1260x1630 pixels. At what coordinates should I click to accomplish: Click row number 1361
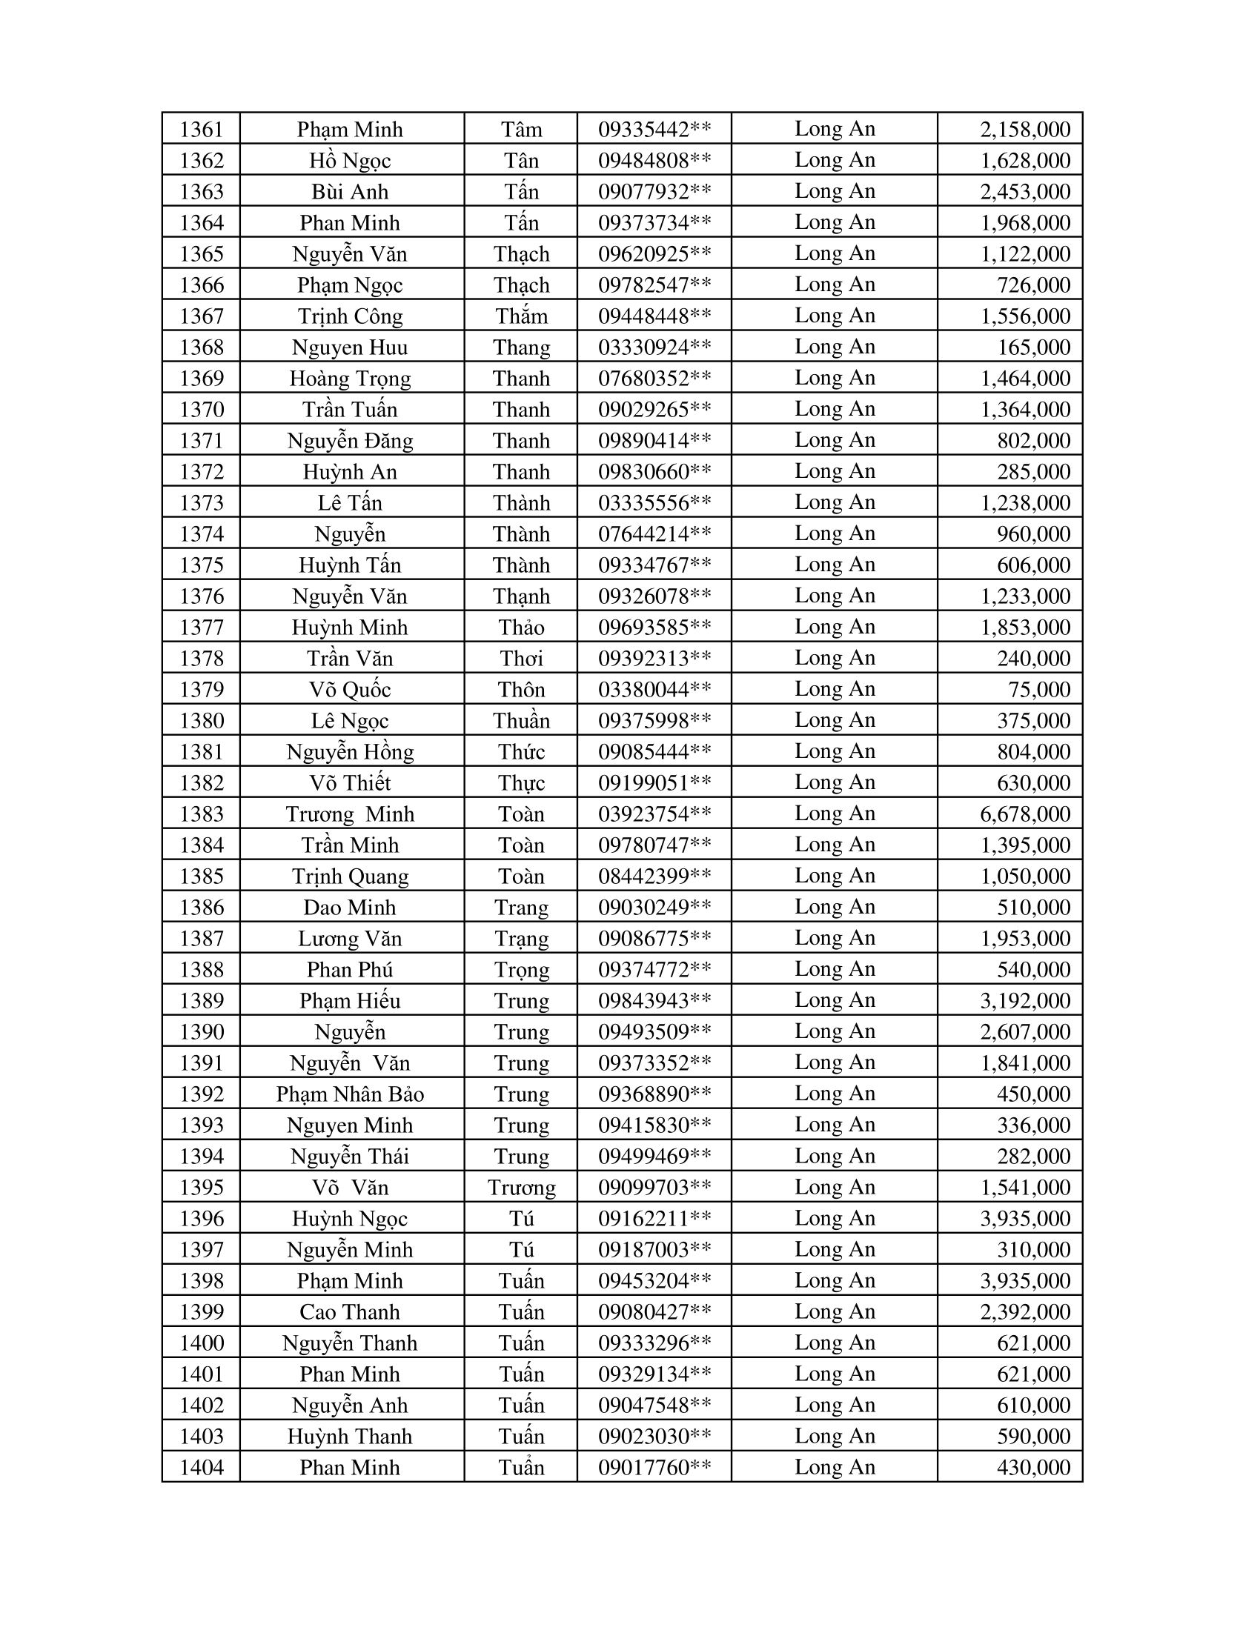[202, 130]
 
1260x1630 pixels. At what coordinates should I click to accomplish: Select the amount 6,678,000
[1025, 814]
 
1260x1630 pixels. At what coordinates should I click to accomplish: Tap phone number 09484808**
[654, 161]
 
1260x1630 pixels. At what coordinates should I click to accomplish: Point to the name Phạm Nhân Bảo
[350, 1094]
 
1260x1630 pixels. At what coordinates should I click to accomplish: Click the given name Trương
[521, 1188]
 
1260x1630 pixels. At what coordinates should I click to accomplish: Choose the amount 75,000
[1039, 690]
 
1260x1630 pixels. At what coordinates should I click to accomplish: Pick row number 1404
[202, 1468]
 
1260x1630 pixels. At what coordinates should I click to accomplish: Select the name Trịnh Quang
[350, 876]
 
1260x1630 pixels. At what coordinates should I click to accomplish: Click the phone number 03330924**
[654, 347]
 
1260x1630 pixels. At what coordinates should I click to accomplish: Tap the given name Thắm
[521, 316]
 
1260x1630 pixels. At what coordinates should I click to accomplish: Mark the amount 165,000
[1034, 347]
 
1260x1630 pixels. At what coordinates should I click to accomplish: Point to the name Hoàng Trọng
[350, 379]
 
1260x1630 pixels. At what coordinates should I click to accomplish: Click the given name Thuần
[521, 721]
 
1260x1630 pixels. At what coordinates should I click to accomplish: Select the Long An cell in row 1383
[834, 814]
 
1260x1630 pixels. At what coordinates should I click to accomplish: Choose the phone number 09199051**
[654, 783]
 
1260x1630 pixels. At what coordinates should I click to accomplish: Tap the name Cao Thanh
[350, 1312]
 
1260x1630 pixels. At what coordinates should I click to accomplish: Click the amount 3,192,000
[1025, 1001]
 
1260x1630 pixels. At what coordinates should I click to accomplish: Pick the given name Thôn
[521, 690]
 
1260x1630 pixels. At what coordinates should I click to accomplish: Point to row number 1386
[202, 908]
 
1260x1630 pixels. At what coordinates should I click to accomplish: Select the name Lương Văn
[350, 939]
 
